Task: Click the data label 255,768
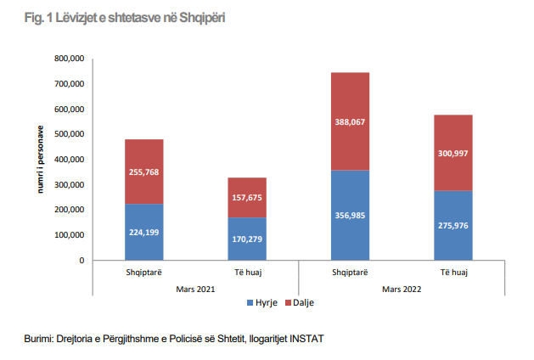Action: pos(144,172)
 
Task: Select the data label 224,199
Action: pos(144,232)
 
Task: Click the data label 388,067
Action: pos(350,122)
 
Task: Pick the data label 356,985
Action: pos(350,215)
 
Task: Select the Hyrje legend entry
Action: pos(265,302)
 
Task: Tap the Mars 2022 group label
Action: pos(402,289)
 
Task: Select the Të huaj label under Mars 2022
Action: pos(452,273)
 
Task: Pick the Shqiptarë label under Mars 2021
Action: pos(143,273)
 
